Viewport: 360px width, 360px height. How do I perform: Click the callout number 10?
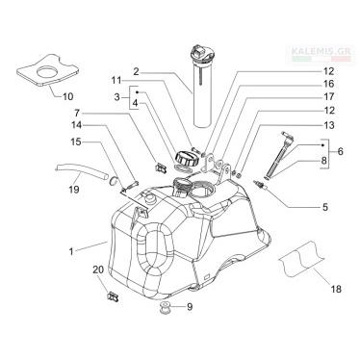[x=67, y=96]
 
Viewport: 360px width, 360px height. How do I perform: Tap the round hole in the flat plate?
[x=49, y=71]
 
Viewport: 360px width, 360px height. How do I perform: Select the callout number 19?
[x=74, y=190]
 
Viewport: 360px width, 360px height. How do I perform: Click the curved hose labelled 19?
[x=83, y=171]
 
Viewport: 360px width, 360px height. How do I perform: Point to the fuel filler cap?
[x=185, y=158]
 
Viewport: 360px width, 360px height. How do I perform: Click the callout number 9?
[x=190, y=307]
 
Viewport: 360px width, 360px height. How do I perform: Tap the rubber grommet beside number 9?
[x=166, y=309]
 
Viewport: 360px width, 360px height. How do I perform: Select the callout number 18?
[x=336, y=289]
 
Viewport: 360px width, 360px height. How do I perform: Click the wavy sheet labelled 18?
[x=301, y=258]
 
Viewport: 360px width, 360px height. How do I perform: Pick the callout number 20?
[x=98, y=270]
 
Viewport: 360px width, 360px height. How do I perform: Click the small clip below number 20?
[x=113, y=296]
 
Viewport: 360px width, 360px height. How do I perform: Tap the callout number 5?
[x=325, y=207]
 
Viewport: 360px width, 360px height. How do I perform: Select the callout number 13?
[x=329, y=125]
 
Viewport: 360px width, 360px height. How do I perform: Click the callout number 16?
[x=329, y=84]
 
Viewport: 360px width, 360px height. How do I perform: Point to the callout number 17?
[x=329, y=96]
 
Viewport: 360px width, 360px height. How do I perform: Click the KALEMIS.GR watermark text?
[x=321, y=51]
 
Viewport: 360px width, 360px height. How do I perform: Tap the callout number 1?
[x=71, y=251]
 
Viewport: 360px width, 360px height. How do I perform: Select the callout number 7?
[x=77, y=113]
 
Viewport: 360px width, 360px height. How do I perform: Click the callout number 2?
[x=136, y=71]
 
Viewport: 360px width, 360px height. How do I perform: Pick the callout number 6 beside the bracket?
[x=340, y=151]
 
